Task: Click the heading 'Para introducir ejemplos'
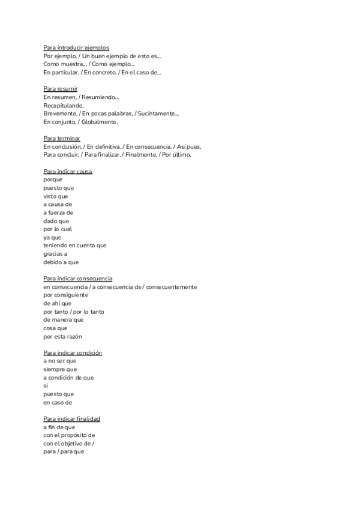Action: (76, 47)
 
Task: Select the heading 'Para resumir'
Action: (60, 89)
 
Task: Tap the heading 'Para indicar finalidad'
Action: (71, 418)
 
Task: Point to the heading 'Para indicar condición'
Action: (73, 352)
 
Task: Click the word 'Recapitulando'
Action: (64, 105)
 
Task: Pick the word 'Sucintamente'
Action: (157, 113)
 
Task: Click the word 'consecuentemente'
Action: (171, 287)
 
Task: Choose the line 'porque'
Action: (53, 179)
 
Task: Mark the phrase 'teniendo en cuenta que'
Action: (75, 245)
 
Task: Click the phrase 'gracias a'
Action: (56, 254)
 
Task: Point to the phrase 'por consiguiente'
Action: (66, 295)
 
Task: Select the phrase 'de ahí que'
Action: (58, 304)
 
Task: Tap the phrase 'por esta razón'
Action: (63, 337)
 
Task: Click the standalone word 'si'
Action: (46, 386)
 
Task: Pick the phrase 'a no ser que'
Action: (60, 361)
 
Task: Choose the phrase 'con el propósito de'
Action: (69, 435)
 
